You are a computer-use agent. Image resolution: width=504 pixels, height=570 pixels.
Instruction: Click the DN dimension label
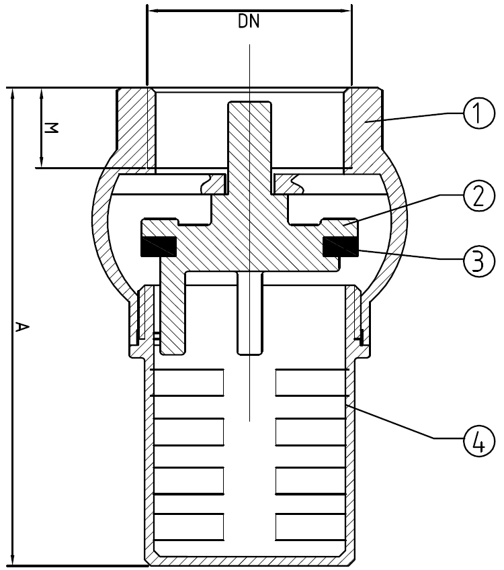(249, 21)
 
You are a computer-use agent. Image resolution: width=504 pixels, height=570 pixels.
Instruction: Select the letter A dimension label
(22, 327)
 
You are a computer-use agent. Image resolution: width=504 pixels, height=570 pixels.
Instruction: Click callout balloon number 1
(479, 113)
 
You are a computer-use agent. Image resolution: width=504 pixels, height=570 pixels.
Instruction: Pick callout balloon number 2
(479, 195)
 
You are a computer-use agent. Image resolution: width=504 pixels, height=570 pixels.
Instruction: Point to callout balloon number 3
(479, 260)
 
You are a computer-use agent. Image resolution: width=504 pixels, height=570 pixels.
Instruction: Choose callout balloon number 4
(479, 440)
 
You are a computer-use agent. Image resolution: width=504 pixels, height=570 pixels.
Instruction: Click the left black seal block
(159, 246)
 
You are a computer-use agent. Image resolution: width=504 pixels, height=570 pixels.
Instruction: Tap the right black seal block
(340, 246)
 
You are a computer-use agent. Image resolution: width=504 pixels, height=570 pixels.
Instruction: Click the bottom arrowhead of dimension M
(41, 160)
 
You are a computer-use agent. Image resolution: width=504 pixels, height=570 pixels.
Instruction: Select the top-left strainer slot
(189, 383)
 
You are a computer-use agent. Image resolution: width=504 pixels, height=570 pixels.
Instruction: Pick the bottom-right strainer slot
(310, 526)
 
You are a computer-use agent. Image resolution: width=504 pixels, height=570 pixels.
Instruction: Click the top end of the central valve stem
(249, 102)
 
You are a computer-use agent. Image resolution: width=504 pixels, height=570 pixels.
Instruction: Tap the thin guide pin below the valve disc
(249, 313)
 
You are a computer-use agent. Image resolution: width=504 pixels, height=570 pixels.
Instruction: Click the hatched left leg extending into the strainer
(173, 305)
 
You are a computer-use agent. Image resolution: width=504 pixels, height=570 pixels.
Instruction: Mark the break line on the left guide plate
(206, 183)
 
